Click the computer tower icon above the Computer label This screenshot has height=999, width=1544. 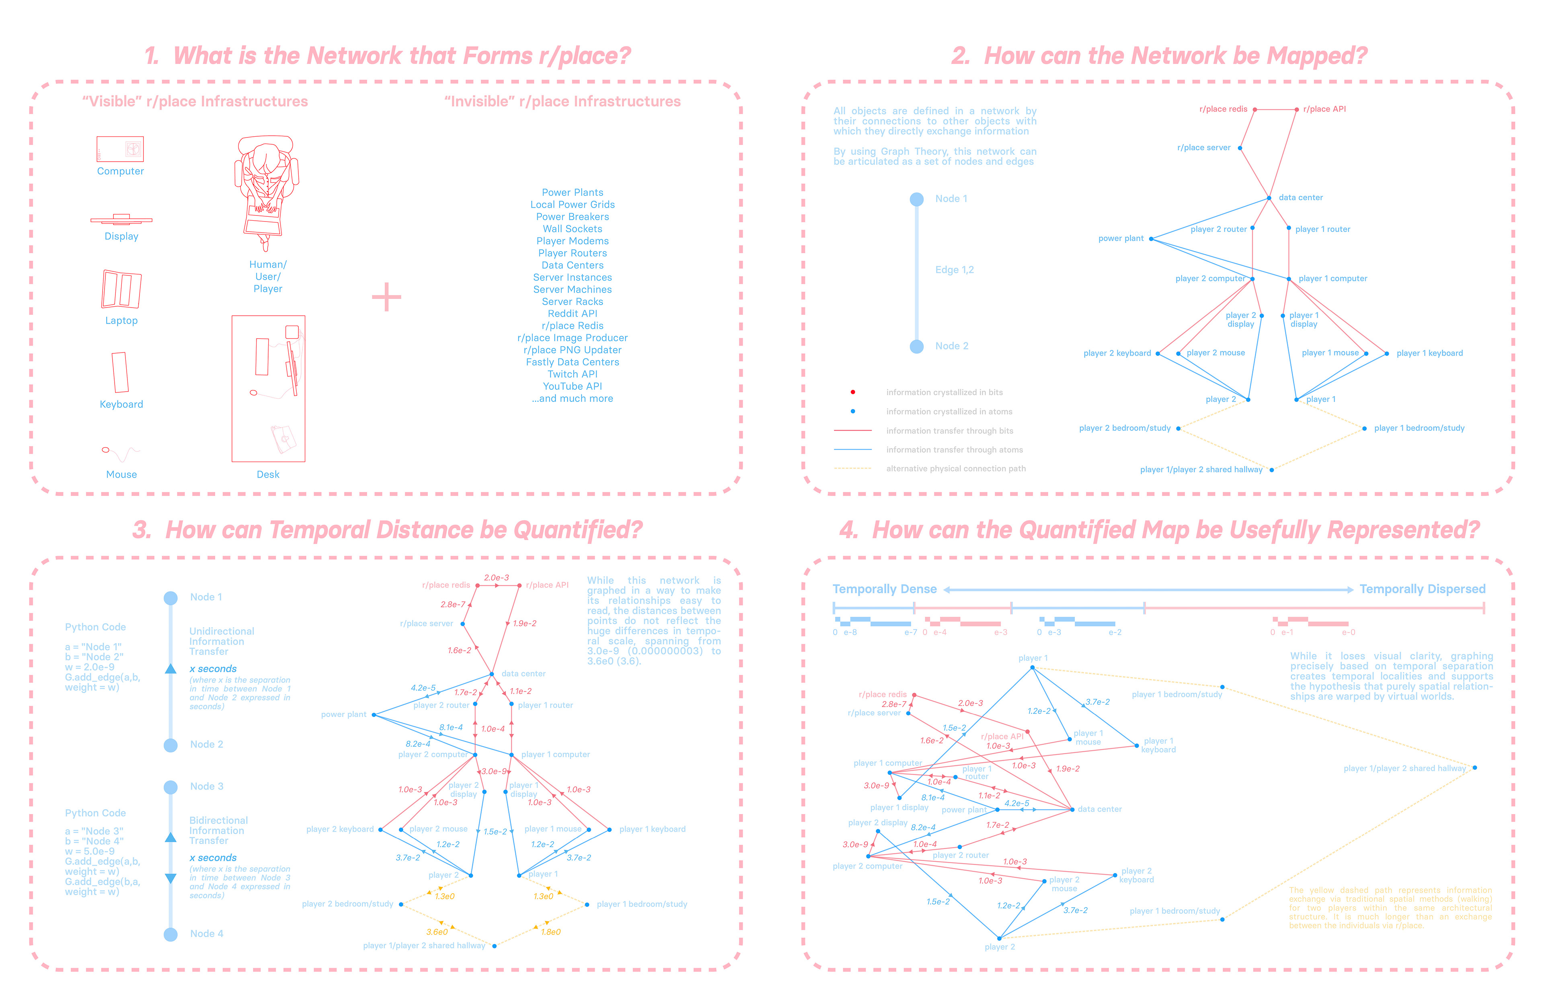[x=120, y=149]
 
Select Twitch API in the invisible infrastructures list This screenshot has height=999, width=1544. [x=572, y=374]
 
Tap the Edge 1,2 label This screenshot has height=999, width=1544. [x=954, y=270]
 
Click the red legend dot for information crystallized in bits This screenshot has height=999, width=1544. [x=852, y=392]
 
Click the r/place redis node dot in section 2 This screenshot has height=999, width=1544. [x=1254, y=110]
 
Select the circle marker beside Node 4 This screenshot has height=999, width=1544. [x=170, y=934]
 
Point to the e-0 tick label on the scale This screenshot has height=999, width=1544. [x=1348, y=632]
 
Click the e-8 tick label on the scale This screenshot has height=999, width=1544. [x=850, y=632]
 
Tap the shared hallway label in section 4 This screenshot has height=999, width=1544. [x=1404, y=769]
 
